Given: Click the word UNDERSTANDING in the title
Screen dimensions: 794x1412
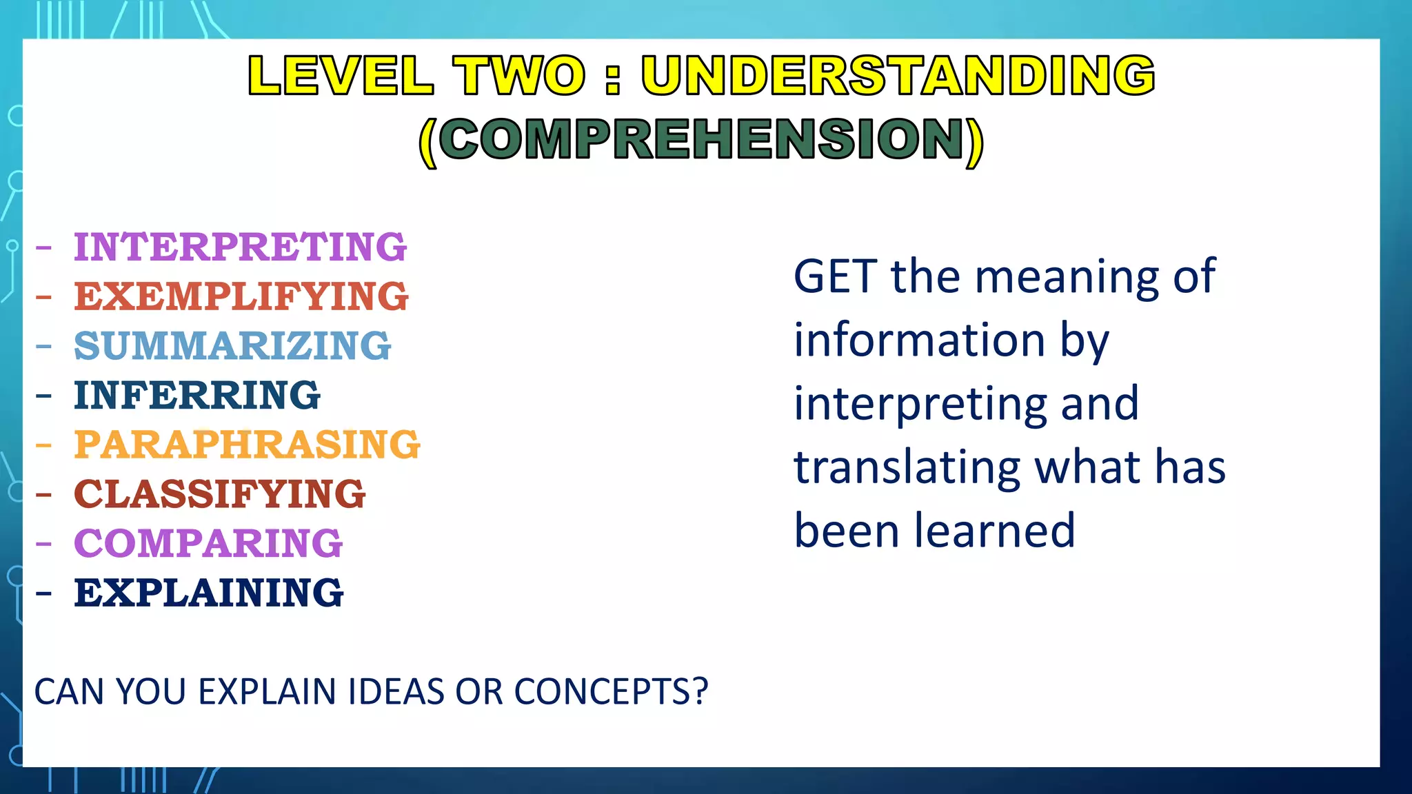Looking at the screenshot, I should tap(898, 75).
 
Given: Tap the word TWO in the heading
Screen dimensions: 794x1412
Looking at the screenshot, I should tap(519, 75).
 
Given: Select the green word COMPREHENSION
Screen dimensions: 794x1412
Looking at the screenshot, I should tap(700, 139).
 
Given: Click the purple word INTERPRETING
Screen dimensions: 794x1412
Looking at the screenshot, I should tap(240, 247).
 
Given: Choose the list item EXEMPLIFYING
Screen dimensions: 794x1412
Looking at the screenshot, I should tap(241, 296).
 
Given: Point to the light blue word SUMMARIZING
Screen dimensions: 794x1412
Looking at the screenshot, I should tap(232, 346).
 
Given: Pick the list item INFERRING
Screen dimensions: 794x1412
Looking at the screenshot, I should tap(197, 396).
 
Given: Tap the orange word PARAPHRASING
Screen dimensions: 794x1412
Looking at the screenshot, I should tap(247, 445).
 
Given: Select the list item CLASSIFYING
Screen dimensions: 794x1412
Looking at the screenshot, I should tap(219, 494).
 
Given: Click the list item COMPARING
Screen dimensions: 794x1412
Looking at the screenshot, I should tap(208, 544).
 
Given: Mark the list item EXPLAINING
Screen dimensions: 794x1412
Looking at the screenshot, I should tap(208, 593).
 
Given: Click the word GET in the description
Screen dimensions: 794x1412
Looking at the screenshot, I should tap(835, 277).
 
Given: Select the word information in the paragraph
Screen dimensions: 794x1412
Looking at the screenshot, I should tap(920, 340).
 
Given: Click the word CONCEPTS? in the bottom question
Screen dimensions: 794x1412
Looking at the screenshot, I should tap(611, 691).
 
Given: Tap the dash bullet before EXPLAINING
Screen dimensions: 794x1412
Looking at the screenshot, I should tap(44, 593).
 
